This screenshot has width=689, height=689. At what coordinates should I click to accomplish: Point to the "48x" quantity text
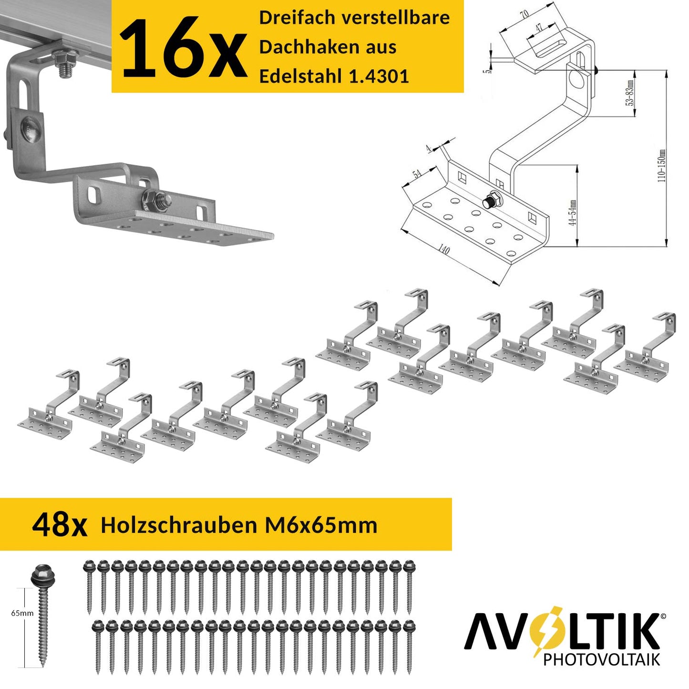point(60,525)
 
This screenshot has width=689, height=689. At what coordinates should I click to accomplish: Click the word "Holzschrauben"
point(179,525)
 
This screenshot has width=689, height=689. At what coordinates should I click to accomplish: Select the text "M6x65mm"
point(321,525)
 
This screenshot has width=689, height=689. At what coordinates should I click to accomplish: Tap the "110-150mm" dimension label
point(662,166)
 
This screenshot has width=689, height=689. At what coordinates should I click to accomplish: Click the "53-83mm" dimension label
point(630,93)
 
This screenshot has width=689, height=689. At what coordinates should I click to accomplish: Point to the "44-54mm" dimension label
point(573,212)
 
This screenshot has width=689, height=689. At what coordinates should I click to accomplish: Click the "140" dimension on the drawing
point(444,249)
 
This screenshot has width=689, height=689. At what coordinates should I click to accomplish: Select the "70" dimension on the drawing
point(524,14)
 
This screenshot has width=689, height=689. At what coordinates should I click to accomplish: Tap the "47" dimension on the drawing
point(539,27)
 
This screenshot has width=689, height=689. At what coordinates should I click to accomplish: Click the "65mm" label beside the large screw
point(22,613)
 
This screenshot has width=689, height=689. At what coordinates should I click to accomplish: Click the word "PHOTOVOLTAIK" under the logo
point(602,659)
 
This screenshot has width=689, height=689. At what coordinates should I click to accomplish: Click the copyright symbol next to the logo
point(663,616)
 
